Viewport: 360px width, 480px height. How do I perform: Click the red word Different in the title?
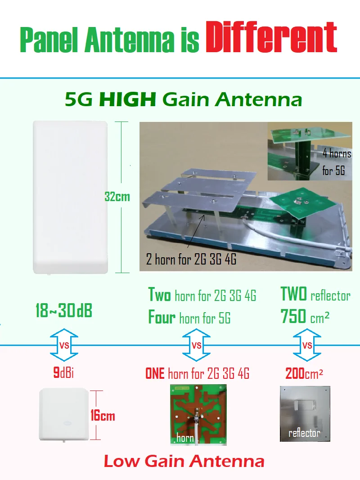271,38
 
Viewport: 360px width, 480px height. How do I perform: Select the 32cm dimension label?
117,197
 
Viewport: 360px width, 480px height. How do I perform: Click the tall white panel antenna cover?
70,197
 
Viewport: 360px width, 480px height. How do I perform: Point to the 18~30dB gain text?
63,310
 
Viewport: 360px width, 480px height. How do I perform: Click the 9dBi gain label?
63,372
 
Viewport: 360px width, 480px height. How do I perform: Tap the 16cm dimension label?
103,415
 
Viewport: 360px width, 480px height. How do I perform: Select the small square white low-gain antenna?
64,414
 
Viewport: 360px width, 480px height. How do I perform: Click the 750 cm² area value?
305,316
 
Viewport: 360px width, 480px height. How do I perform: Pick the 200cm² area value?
304,373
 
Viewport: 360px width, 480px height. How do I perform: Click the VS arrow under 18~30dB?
64,345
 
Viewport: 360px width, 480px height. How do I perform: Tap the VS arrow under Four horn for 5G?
196,345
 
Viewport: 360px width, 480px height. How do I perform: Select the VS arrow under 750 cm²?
307,345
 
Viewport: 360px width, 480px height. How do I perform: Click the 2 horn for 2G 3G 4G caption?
191,259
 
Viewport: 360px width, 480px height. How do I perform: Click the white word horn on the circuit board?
185,438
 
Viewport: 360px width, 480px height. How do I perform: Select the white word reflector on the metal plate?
304,433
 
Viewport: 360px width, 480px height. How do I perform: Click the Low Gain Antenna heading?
184,461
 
